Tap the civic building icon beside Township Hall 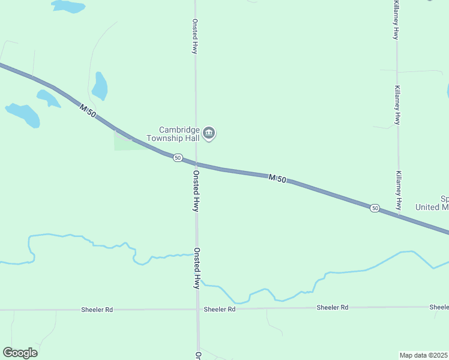(x=209, y=133)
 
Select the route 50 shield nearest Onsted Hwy (x=178, y=158)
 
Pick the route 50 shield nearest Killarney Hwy (x=375, y=208)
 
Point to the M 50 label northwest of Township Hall (x=88, y=111)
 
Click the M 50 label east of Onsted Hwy (x=277, y=179)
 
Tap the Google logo (x=20, y=353)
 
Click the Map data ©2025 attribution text (x=424, y=355)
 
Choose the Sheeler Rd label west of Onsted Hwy (x=97, y=310)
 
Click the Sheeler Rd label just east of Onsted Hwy (x=219, y=309)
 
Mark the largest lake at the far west (x=23, y=114)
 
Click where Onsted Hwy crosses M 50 (x=196, y=164)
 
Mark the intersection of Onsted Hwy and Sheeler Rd (x=197, y=310)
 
